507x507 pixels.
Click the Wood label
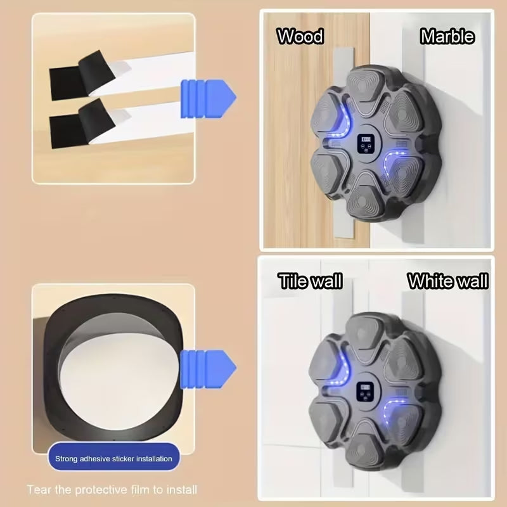tap(300, 36)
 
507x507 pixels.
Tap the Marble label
tap(447, 36)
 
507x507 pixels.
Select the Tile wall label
tap(310, 281)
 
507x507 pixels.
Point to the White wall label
tap(448, 281)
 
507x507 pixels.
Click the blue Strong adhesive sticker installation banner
tap(113, 458)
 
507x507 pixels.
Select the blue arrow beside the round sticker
tap(208, 369)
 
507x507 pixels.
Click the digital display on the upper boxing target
tap(366, 144)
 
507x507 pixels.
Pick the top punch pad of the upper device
tap(367, 88)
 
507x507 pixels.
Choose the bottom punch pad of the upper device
tap(366, 201)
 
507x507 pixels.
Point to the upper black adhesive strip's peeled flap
tap(96, 70)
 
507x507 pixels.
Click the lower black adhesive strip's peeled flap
tap(96, 119)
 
